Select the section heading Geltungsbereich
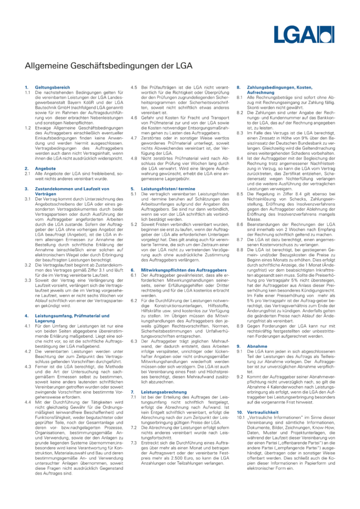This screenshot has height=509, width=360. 49,86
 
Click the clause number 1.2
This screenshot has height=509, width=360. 28,128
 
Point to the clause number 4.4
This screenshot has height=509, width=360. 28,388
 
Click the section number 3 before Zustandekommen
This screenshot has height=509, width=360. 26,188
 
